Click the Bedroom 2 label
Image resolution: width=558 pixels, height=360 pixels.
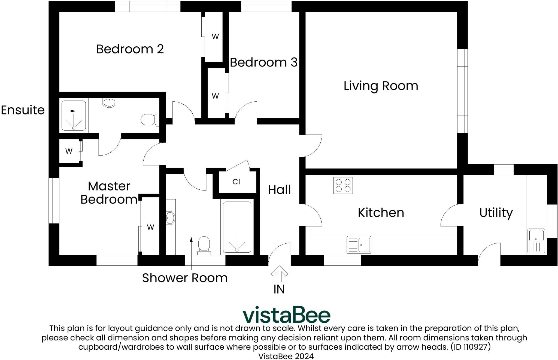(130, 49)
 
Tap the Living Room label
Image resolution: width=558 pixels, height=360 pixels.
(381, 86)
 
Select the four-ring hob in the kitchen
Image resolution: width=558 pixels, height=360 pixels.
(343, 186)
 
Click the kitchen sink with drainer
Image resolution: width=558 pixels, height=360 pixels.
(359, 244)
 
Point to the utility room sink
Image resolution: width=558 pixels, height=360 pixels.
(536, 241)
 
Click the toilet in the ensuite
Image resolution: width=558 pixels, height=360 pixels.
(148, 119)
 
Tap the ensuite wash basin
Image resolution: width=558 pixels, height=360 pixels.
(110, 102)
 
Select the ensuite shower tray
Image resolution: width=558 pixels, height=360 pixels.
(74, 116)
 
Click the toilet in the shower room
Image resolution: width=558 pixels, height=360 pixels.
(204, 244)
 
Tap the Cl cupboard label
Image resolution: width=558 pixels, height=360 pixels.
(236, 182)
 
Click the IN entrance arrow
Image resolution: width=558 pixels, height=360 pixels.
(279, 274)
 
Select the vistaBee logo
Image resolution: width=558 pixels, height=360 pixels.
(286, 315)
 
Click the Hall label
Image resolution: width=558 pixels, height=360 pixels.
(279, 190)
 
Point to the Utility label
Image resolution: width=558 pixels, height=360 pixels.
(496, 213)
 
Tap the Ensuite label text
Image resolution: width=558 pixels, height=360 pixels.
(23, 110)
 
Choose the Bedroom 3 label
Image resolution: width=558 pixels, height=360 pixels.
(263, 63)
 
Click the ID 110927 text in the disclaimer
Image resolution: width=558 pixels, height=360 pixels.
(471, 347)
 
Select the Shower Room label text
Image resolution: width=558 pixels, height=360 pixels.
(185, 278)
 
